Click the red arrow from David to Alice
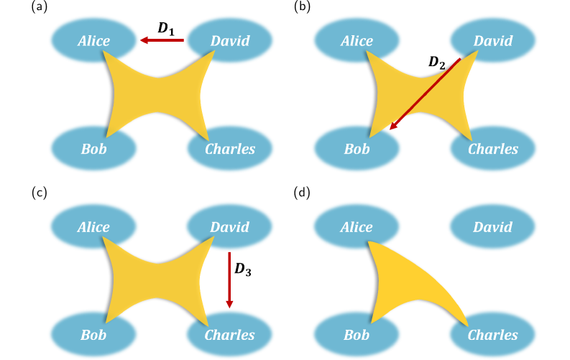coord(162,40)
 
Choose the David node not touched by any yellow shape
coord(492,227)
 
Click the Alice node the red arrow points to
coord(93,40)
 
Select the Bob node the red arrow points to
coord(357,149)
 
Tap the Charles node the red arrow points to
coord(229,335)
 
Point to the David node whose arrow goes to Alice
coord(230,40)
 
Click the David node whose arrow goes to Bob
coord(493,40)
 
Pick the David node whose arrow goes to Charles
coord(229,227)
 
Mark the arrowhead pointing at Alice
coord(144,40)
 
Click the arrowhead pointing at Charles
coord(229,304)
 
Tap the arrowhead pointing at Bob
coord(393,126)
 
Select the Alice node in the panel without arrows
coord(357,227)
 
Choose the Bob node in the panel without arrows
coord(357,335)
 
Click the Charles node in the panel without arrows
coord(492,335)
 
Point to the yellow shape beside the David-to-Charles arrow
coord(158,277)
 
